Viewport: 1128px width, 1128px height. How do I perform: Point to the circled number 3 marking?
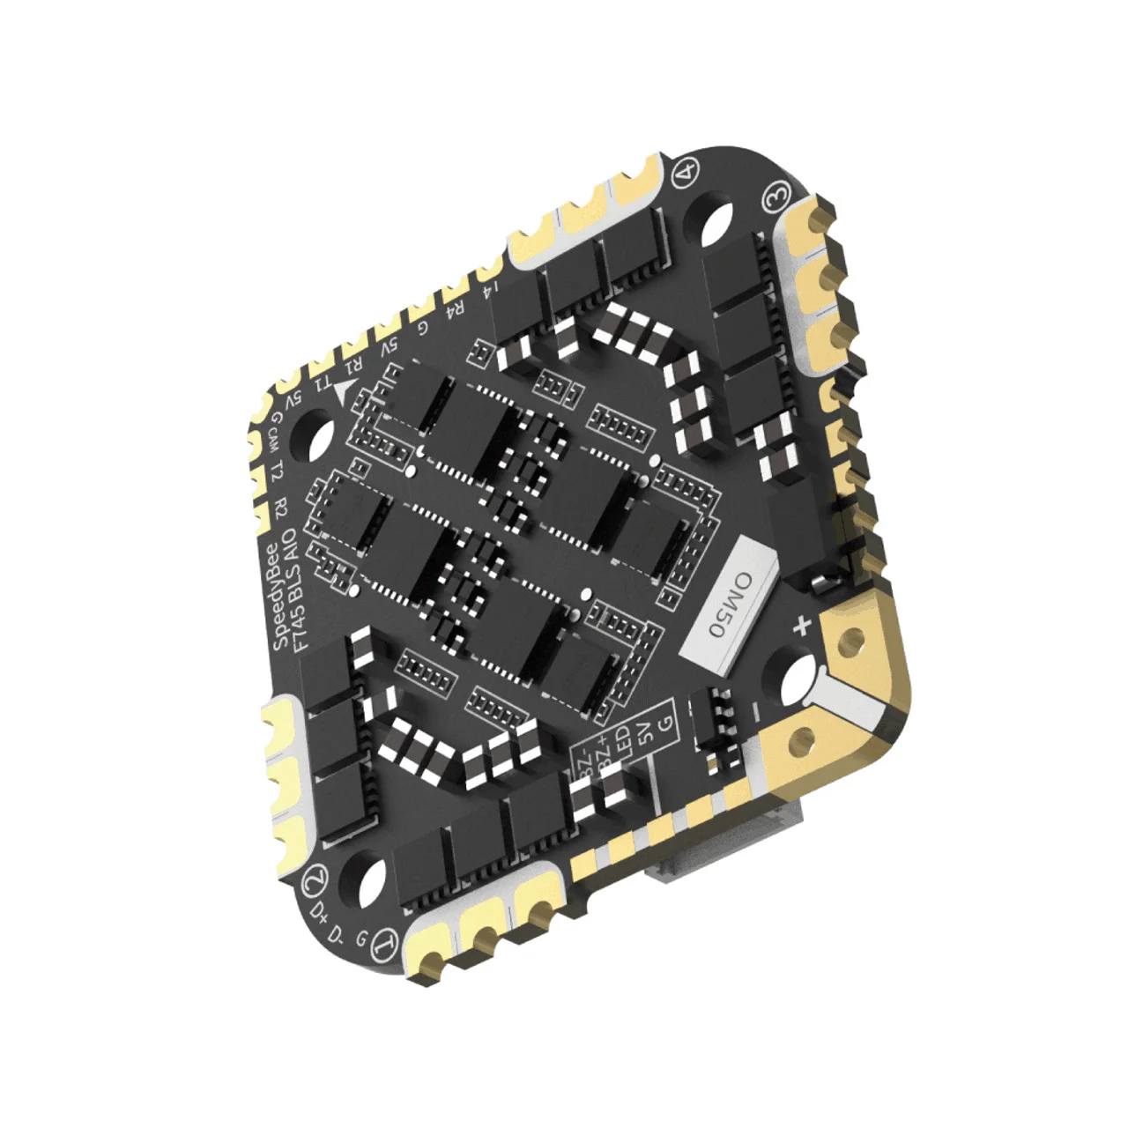tap(775, 199)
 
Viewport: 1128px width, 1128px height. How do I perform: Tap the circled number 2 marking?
tap(313, 879)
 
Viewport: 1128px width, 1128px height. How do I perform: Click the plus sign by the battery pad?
tap(802, 627)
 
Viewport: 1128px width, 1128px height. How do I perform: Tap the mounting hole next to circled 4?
tap(718, 217)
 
